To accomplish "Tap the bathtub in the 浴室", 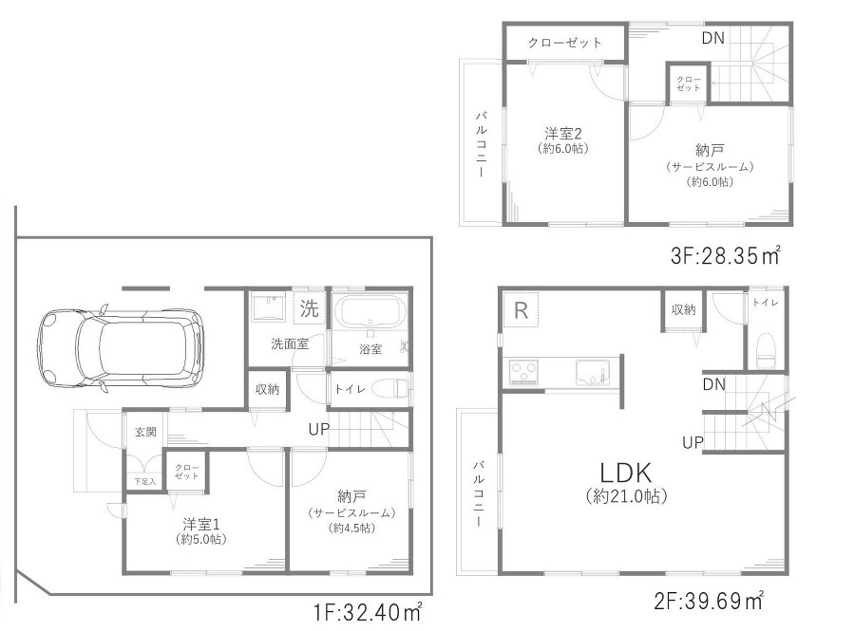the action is tap(370, 311).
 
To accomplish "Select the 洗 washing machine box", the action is tap(309, 308).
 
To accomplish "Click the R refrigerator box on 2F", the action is tap(521, 309).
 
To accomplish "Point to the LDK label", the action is tap(625, 473).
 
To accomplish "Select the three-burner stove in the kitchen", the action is tap(523, 372).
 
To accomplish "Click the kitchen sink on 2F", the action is tap(592, 372).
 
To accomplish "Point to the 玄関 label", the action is tap(145, 433).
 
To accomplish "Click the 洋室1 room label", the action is tap(201, 525).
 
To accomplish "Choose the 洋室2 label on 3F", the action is tap(563, 134).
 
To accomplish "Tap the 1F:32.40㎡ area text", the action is tap(368, 612).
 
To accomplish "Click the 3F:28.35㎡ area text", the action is tap(725, 255).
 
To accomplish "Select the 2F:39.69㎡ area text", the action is tap(709, 601).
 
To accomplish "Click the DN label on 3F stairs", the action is tap(713, 38).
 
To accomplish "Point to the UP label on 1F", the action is tap(319, 430).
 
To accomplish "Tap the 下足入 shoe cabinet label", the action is tap(145, 482).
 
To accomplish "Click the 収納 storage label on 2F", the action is tap(683, 309).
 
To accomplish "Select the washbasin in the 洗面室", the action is tap(268, 308).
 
